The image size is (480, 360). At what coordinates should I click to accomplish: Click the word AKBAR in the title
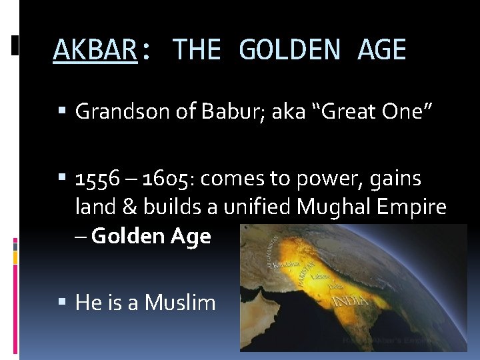tap(95, 50)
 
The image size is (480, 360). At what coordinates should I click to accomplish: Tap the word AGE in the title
tap(382, 50)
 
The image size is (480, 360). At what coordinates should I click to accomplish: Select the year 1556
tap(97, 179)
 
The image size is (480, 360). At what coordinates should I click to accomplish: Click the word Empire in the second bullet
tap(414, 207)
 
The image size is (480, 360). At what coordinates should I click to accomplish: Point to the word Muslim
tap(180, 303)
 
